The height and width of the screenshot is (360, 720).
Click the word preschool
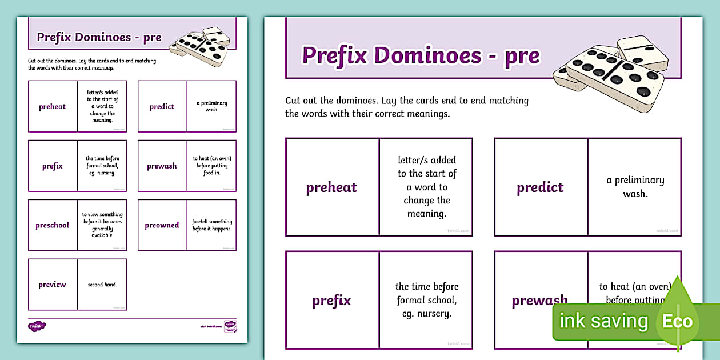(52, 225)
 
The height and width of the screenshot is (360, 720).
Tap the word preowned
(162, 225)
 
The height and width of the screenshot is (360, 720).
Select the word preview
(52, 285)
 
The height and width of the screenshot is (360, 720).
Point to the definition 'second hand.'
(102, 285)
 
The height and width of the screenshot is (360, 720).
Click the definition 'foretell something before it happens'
(212, 225)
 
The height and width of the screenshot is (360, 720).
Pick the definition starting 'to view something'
(102, 225)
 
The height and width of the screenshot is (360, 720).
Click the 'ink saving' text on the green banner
(603, 321)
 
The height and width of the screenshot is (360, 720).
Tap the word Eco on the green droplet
(677, 321)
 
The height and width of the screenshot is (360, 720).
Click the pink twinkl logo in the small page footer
(37, 326)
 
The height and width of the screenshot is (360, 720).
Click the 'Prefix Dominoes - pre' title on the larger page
(421, 55)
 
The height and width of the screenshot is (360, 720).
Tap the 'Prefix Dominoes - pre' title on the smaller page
(99, 38)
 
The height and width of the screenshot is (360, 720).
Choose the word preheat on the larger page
(331, 187)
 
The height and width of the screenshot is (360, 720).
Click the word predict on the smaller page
(162, 107)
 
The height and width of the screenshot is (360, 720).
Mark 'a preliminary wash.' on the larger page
(635, 187)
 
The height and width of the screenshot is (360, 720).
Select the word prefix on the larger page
(331, 301)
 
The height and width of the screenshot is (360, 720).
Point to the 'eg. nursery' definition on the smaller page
(102, 166)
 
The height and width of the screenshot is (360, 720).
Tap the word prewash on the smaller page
(162, 166)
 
